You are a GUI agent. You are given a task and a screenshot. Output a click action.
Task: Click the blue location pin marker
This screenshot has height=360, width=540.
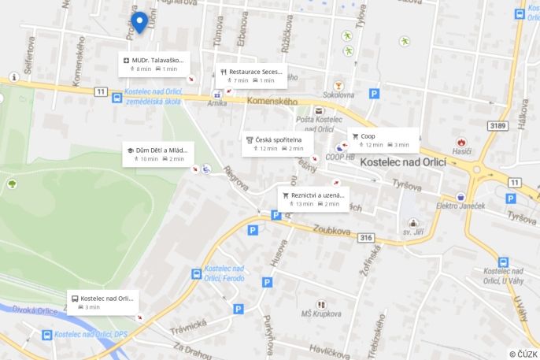coord(139,22)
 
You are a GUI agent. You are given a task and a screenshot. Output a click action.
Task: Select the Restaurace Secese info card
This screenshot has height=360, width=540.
coord(249,76)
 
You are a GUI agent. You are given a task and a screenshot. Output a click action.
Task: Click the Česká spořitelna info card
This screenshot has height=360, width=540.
coord(277,143)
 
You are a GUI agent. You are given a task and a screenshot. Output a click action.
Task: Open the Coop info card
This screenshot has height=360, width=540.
coord(383,139)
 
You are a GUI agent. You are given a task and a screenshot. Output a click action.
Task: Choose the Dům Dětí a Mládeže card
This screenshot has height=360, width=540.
coord(157,154)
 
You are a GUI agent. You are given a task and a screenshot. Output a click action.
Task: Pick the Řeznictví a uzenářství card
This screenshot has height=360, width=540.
coord(313,199)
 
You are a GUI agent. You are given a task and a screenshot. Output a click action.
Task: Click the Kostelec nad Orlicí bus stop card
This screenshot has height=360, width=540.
coord(103,302)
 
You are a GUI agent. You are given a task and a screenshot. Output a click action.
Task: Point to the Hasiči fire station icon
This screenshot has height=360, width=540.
coord(461,142)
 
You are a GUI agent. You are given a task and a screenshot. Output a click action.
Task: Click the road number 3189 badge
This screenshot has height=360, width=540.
coord(497,125)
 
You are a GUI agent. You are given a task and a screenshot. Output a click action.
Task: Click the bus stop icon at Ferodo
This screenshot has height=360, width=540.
coord(196,274)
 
